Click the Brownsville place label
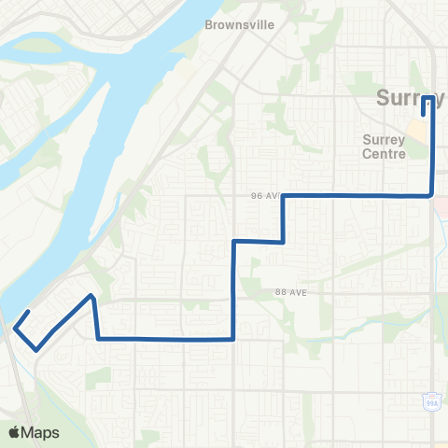240,25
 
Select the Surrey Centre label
384,147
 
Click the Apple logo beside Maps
14,432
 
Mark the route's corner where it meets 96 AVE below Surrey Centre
432,196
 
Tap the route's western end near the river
30,311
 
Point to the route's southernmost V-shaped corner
36,349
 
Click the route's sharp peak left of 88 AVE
91,296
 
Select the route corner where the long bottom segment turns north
232,339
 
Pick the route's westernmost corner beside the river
14,327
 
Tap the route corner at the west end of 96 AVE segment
283,196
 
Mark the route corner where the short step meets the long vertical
233,241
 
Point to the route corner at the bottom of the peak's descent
98,338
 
